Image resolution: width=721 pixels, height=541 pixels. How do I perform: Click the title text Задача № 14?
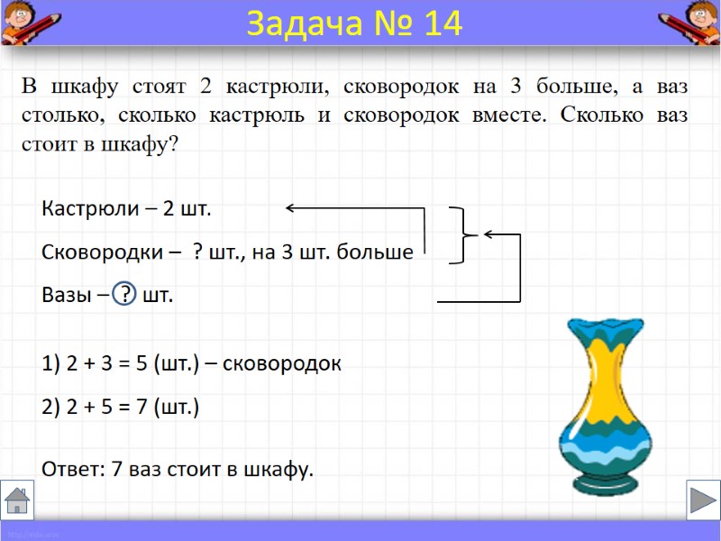(354, 24)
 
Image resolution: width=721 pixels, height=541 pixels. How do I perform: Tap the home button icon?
(17, 499)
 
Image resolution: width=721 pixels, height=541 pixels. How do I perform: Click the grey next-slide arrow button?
(701, 499)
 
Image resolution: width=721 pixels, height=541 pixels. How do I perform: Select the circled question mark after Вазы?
(126, 295)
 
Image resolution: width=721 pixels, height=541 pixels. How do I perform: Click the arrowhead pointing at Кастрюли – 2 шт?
(292, 209)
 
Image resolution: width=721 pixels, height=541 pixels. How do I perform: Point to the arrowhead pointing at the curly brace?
(488, 234)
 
